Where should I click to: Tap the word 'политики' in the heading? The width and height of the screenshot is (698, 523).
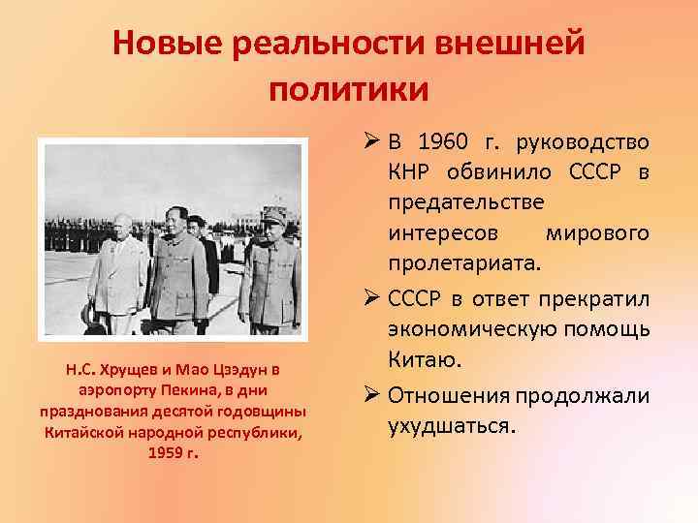point(348,89)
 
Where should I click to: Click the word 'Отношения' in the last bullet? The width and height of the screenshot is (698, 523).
point(452,396)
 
